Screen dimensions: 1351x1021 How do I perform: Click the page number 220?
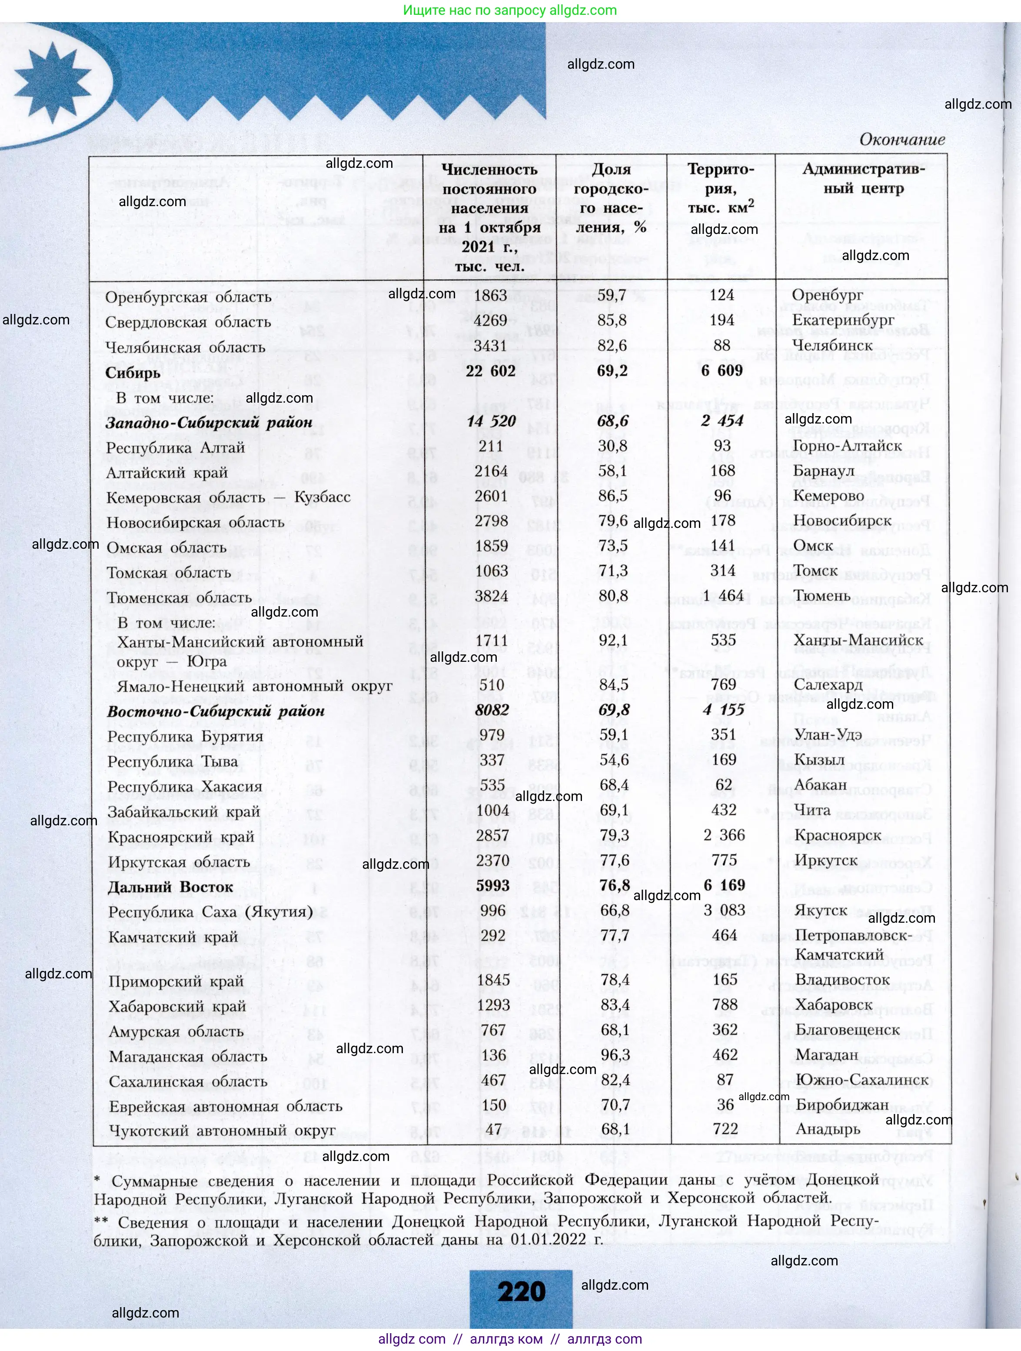(x=521, y=1291)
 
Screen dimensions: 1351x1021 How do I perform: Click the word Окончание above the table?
(x=902, y=140)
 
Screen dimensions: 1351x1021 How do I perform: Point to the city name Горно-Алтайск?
(x=847, y=446)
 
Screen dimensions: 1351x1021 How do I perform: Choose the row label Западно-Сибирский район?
(x=209, y=423)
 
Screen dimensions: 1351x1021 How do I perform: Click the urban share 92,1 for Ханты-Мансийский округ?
(x=614, y=640)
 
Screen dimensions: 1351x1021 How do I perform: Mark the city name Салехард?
(x=828, y=685)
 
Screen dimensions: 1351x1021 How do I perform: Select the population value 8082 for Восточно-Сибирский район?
(x=492, y=710)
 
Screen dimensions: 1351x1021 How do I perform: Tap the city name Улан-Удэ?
(x=828, y=735)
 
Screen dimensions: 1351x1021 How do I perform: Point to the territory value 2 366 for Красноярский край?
(x=724, y=835)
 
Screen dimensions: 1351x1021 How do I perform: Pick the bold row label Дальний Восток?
(x=170, y=887)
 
